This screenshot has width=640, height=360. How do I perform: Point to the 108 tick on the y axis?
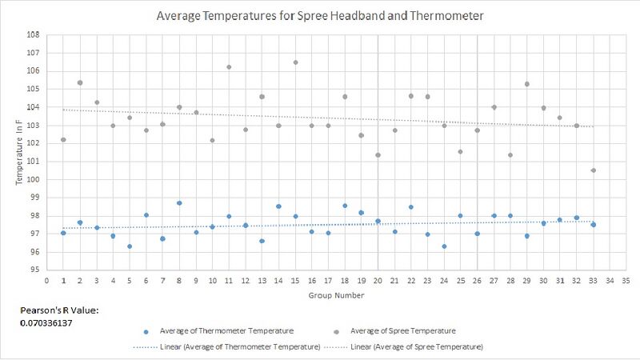[34, 35]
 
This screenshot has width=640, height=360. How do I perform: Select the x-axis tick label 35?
[626, 282]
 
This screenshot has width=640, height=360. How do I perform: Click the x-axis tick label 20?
[378, 282]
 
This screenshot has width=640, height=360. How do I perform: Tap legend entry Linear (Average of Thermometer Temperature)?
[226, 347]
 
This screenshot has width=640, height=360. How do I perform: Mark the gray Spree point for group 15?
[295, 62]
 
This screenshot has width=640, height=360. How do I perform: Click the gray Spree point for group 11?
[229, 67]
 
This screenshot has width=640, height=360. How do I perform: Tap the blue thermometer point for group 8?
[179, 203]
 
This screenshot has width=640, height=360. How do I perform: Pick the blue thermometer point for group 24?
[444, 246]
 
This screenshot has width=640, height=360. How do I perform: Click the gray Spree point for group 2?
[80, 82]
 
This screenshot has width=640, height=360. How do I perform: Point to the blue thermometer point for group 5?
[130, 246]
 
